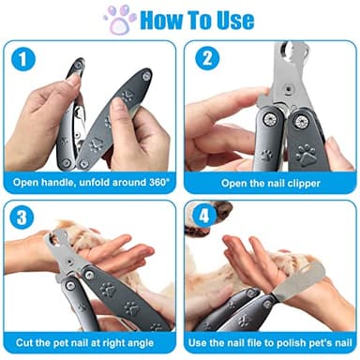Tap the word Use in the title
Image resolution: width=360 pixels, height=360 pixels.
coord(232,19)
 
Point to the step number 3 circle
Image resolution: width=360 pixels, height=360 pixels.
coord(22,219)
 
